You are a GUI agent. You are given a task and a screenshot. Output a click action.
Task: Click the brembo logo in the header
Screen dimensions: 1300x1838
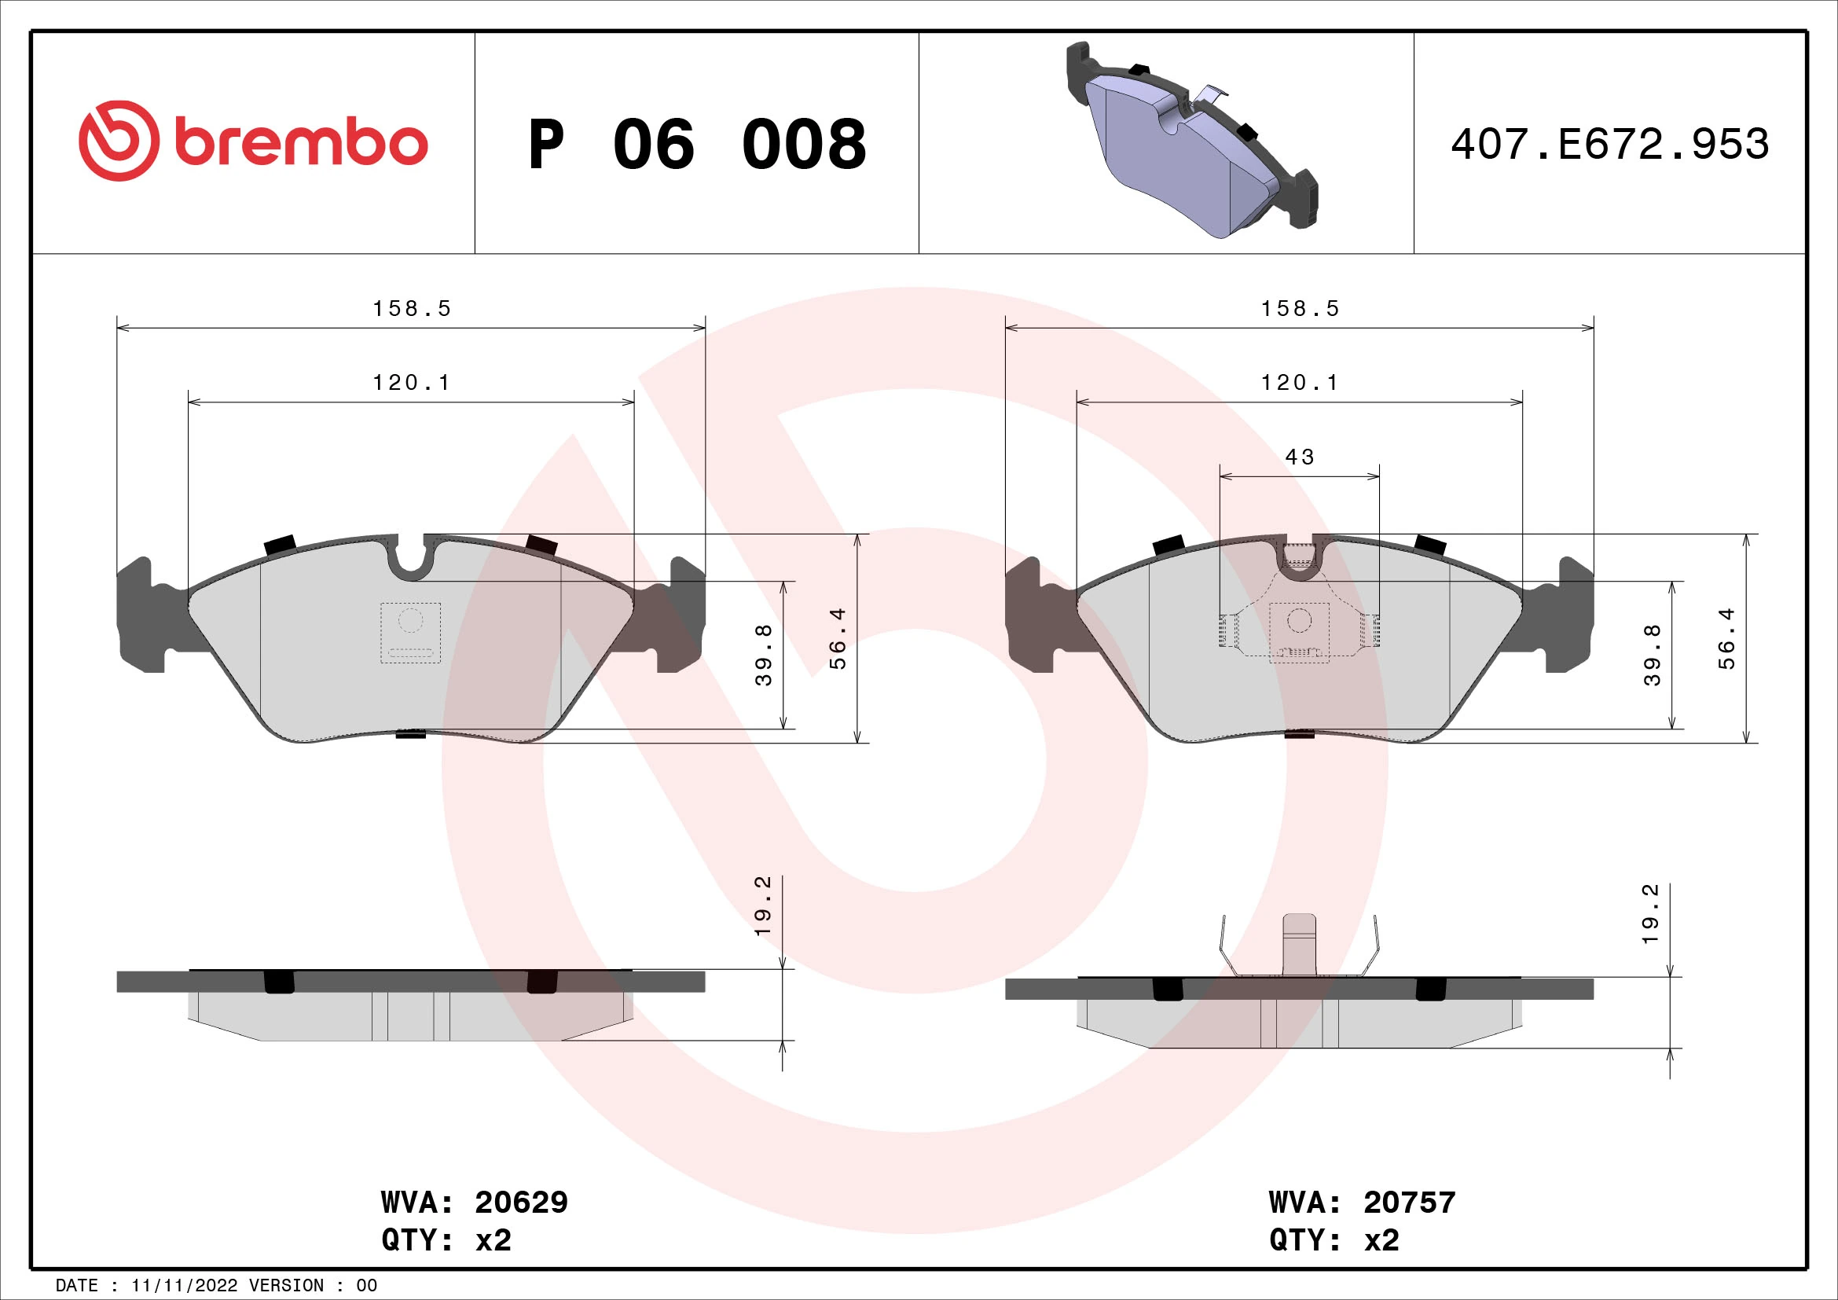253,141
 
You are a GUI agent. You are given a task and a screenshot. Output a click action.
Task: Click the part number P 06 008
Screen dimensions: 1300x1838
696,145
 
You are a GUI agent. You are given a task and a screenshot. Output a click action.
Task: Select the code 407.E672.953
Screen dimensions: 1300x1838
1609,145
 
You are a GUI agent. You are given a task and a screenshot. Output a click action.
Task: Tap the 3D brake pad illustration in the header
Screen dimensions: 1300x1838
1191,141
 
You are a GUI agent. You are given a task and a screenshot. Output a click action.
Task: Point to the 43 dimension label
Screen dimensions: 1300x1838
1299,457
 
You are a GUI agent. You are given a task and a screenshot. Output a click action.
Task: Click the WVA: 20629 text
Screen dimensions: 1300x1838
474,1202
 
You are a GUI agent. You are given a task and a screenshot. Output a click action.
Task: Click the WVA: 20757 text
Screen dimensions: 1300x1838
1362,1202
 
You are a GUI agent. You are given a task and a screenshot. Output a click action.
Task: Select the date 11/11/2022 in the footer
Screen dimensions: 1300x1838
184,1285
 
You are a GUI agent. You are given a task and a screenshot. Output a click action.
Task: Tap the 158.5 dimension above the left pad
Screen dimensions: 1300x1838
412,309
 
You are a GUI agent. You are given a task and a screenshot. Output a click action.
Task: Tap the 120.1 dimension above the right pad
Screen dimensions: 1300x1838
1299,383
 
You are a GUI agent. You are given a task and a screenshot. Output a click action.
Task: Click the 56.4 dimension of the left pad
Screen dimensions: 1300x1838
838,638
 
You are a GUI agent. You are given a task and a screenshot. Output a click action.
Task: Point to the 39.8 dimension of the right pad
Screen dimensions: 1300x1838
1653,655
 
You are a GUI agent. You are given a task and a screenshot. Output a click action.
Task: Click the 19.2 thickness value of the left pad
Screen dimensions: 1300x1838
763,906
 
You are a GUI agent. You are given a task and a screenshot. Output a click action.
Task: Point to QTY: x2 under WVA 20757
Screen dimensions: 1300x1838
1334,1240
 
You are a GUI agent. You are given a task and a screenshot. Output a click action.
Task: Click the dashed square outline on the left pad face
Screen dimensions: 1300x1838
411,633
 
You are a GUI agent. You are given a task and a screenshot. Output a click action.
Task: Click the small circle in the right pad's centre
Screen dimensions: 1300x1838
1298,619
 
